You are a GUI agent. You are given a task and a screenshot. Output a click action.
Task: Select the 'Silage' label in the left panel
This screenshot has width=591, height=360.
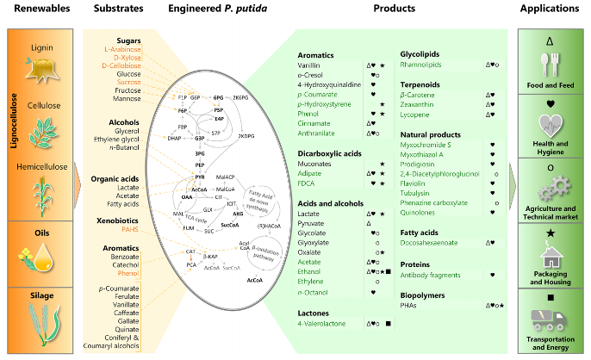click(39, 294)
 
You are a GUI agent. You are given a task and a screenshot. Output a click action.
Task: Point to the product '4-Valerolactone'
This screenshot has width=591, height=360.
click(322, 323)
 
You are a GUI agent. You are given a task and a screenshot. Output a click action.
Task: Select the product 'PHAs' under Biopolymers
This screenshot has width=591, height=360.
click(411, 306)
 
